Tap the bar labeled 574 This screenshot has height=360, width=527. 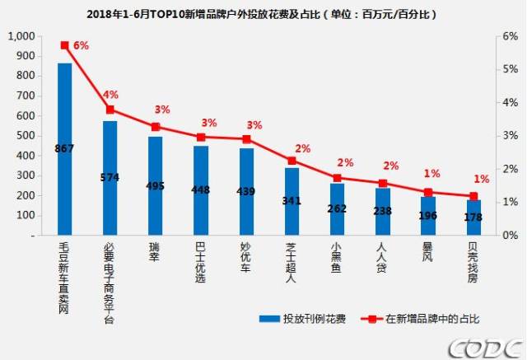(110, 178)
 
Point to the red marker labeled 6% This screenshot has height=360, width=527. (64, 44)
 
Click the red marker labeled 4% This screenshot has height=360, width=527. (110, 109)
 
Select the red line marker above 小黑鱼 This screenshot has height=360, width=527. (337, 178)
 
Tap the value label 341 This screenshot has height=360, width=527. (291, 199)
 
